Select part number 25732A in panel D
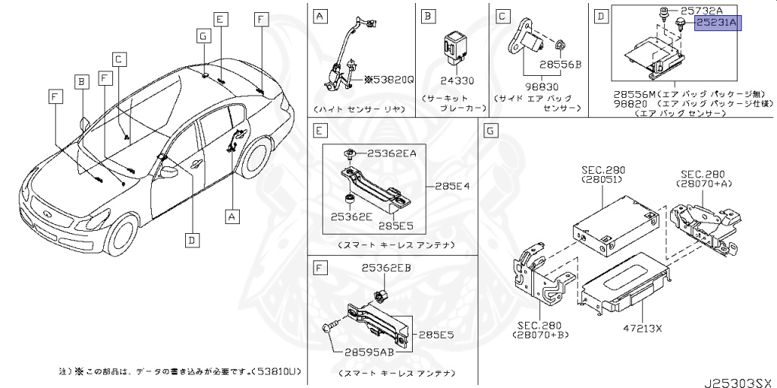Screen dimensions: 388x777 [703, 11]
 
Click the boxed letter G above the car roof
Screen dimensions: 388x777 [203, 36]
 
